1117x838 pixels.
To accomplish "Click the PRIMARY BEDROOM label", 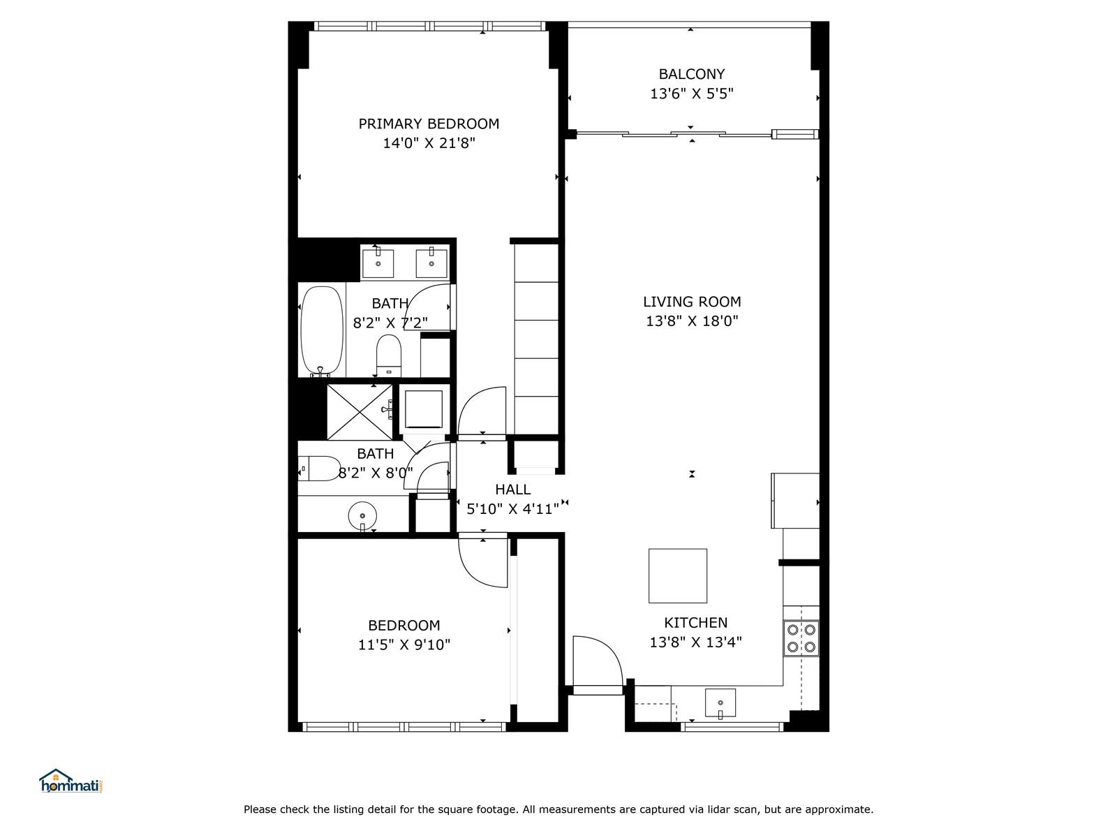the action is pos(429,124).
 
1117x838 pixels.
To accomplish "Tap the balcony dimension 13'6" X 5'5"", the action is pos(692,94).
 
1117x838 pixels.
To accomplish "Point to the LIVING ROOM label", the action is pos(692,302).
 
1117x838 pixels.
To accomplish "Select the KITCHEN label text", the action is pos(695,623).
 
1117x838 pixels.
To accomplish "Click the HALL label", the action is pos(512,490).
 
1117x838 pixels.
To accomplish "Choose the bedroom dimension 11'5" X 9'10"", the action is pos(404,645).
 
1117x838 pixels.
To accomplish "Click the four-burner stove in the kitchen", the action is pos(801,638).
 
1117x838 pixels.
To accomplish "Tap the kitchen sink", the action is pos(720,703).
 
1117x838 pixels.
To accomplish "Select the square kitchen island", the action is pos(677,575).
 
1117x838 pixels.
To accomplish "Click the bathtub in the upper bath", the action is pos(322,331).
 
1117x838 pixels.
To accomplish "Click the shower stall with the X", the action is pos(360,411).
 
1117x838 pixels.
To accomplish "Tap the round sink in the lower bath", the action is pos(362,516).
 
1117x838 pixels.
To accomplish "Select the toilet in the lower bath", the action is pos(320,469).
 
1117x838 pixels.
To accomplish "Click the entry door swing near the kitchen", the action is pos(598,665).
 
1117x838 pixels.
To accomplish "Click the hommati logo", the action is pos(71,781).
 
